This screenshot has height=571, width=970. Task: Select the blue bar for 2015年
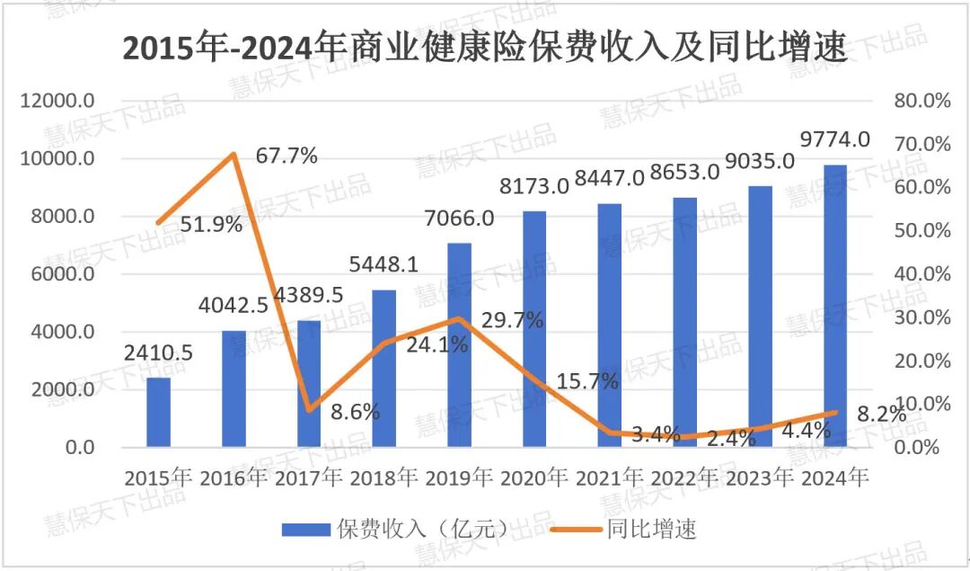(158, 412)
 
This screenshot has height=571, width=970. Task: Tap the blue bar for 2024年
(834, 306)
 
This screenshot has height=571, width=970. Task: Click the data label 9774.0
(834, 139)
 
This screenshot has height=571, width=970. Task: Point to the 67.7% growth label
(287, 156)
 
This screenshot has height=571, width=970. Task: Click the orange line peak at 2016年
(234, 155)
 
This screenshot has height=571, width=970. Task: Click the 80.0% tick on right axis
(922, 102)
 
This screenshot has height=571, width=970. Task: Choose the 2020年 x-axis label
(534, 477)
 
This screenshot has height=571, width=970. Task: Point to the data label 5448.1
(384, 266)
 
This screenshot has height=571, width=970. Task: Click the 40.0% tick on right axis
(922, 274)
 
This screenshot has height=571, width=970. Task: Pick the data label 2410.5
(158, 353)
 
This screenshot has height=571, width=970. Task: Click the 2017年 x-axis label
(309, 477)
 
